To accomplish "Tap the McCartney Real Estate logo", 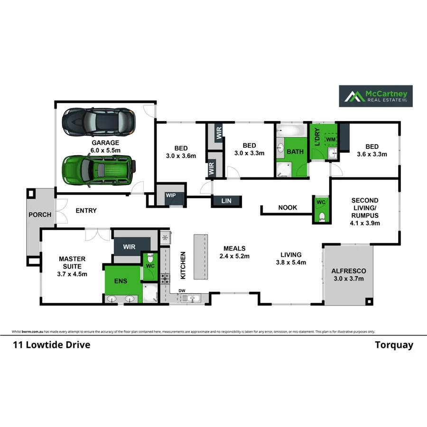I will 375,96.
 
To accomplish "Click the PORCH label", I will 39,214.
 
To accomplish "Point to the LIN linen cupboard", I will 227,201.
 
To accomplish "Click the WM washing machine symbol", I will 330,139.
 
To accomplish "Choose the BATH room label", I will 295,152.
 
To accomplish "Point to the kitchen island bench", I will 201,257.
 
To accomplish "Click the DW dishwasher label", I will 182,290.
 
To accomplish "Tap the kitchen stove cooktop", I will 166,278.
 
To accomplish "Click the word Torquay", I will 394,345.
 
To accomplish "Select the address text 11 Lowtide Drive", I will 51,345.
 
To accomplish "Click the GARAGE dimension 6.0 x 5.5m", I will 105,150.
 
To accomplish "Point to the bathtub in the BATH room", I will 291,130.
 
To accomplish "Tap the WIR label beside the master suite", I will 129,247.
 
